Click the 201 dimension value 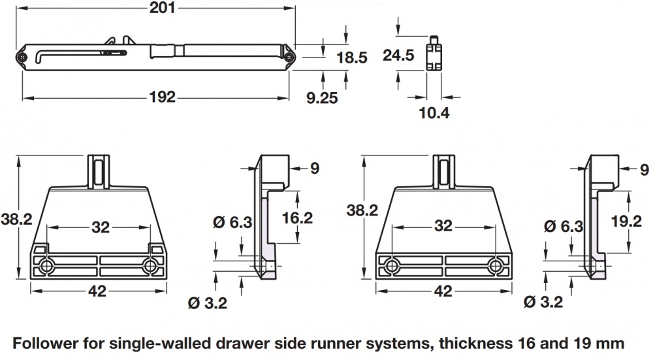pos(158,8)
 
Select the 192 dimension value pos(162,97)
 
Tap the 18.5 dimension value pos(351,57)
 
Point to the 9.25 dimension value pos(321,99)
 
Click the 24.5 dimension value pos(398,56)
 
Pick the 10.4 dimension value pos(434,113)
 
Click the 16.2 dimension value pos(298,217)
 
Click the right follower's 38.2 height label pos(362,210)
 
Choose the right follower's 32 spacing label pos(443,226)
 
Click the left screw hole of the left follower pos(47,266)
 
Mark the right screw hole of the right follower pos(496,266)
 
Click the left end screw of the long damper pos(22,58)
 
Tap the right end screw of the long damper pos(288,58)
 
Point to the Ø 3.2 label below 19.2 pos(543,303)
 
